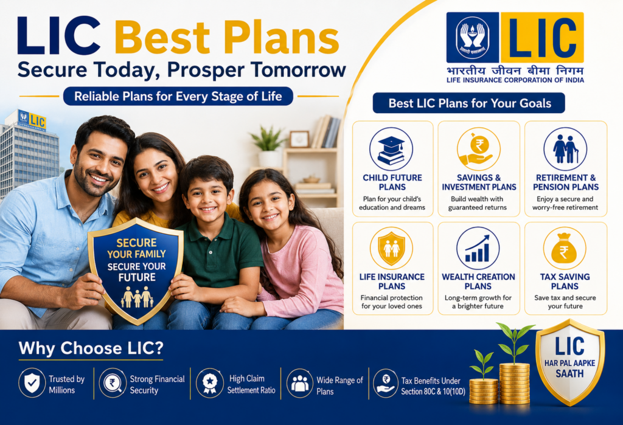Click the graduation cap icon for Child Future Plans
391,150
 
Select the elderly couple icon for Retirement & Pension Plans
565,149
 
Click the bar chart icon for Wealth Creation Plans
478,249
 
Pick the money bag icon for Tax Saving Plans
565,249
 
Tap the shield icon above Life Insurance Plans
391,249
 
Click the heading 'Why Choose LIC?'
91,348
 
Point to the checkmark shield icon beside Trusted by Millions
32,383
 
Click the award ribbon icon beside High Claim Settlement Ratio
210,383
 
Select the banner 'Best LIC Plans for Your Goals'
469,103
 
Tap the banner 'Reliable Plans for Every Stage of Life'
178,97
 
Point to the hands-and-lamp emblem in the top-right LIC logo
472,37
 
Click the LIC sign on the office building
32,119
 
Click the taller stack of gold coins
515,383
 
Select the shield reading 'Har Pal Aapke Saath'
570,361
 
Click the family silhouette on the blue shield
137,297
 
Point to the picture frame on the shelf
299,139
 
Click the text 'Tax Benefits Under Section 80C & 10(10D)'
433,386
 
